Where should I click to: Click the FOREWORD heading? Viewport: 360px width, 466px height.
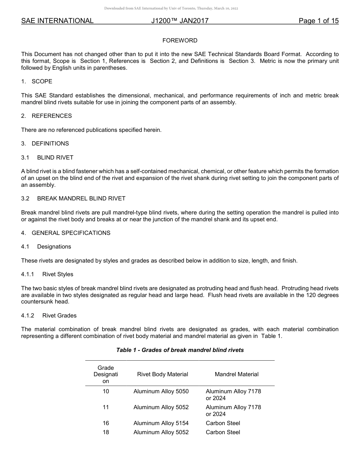point(180,41)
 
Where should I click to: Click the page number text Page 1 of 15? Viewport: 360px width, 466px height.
point(318,21)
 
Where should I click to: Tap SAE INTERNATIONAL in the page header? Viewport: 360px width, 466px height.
point(57,21)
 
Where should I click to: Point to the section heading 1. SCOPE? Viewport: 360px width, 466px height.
point(37,81)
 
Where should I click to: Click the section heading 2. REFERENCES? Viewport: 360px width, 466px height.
point(46,116)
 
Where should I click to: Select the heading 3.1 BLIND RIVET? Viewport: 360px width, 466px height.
point(47,157)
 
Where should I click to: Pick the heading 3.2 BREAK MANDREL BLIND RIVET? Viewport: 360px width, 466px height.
point(73,199)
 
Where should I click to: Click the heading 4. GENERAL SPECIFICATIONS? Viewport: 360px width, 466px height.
point(66,233)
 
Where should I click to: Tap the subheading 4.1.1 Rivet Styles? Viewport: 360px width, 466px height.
point(47,274)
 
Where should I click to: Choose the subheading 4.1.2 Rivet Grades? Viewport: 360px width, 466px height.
point(49,316)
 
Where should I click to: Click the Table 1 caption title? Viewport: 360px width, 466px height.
point(180,350)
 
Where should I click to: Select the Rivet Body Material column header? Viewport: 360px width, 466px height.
point(163,374)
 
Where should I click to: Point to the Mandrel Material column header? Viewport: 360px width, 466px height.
point(236,374)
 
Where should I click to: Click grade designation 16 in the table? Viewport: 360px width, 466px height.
point(106,423)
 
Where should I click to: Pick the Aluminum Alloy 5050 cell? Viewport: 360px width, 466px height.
point(161,391)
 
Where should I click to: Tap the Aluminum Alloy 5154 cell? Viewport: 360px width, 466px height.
point(161,423)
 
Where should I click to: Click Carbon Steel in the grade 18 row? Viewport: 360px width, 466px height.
point(223,432)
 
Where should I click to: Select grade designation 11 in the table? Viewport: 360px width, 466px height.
point(106,407)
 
